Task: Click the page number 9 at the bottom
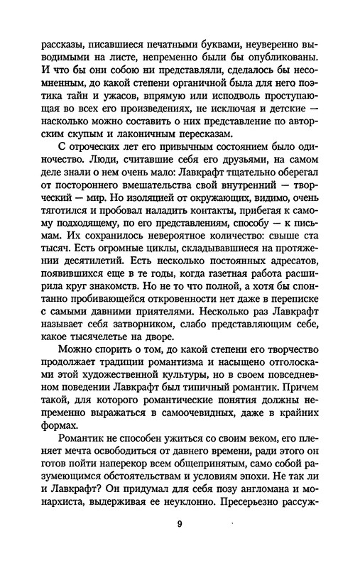coord(180,525)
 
